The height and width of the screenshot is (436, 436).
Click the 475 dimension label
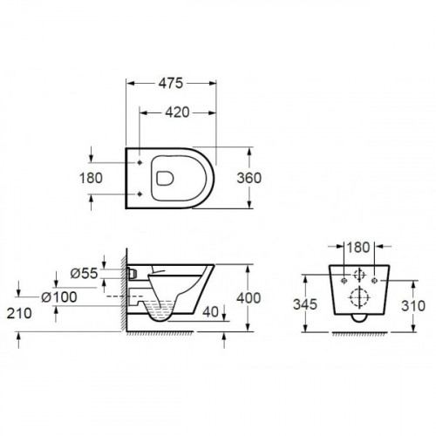click(171, 84)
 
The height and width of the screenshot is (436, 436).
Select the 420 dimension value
click(177, 112)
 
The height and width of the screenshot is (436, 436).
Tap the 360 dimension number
click(249, 178)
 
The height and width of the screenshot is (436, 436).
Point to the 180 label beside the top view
click(91, 178)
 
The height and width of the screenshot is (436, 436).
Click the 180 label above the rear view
click(358, 248)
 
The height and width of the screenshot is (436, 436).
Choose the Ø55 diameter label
click(84, 273)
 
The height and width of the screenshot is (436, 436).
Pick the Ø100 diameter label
click(59, 297)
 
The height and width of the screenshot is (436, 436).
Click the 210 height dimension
click(19, 313)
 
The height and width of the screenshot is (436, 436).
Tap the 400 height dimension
click(249, 298)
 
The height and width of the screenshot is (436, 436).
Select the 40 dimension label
click(210, 312)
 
